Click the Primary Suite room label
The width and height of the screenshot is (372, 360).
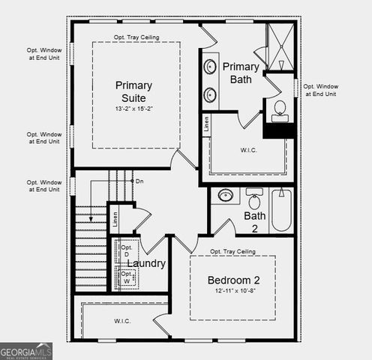(135, 91)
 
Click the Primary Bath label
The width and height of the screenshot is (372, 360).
(241, 73)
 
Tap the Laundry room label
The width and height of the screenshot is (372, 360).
(146, 263)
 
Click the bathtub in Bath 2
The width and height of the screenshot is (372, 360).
(282, 209)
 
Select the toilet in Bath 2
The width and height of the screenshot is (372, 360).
(254, 199)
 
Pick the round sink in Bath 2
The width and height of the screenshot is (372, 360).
(225, 196)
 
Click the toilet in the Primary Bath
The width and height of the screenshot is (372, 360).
(280, 109)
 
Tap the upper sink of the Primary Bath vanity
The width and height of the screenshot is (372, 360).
(210, 67)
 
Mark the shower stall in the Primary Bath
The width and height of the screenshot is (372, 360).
(280, 46)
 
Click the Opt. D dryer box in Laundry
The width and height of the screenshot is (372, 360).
(126, 252)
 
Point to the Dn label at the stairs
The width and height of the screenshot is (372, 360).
(139, 181)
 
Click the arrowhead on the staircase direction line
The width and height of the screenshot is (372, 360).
(90, 218)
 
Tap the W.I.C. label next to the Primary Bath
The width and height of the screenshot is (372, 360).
(250, 149)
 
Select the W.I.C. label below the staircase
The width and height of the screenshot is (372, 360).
(123, 321)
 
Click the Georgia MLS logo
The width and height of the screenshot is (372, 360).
(26, 350)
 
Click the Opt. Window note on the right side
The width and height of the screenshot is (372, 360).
(320, 90)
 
